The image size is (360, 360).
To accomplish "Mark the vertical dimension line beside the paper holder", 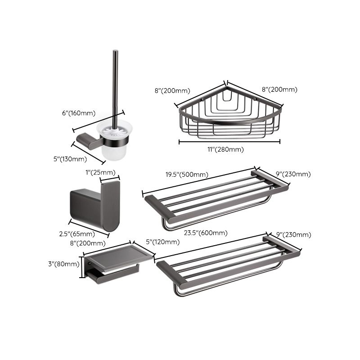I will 81,267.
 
